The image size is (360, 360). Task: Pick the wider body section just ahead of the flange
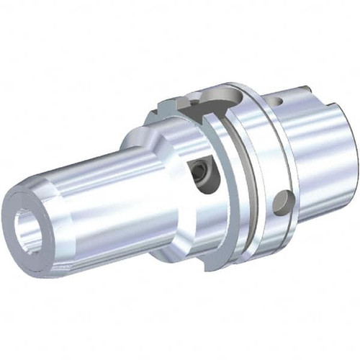click(173, 180)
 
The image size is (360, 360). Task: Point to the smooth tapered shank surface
click(317, 158)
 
